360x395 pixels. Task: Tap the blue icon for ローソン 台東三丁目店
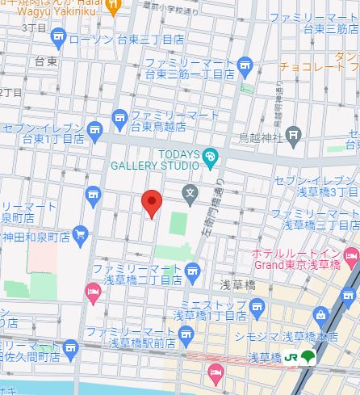(57, 36)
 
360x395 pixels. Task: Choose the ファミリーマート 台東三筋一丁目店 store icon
(246, 66)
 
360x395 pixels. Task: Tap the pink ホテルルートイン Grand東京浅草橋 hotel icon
(350, 258)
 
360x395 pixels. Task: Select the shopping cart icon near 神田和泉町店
(79, 235)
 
